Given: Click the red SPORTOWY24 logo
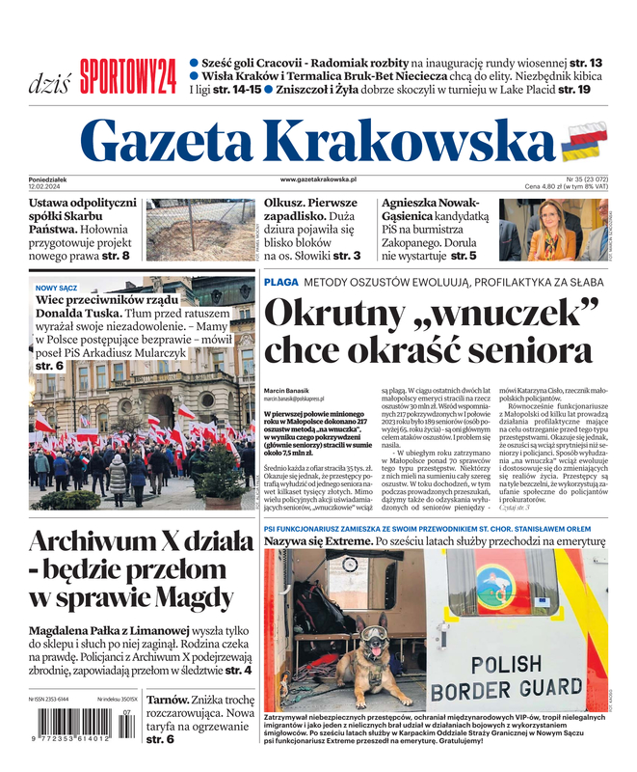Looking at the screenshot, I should click(128, 75).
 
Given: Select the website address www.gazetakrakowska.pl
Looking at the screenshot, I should click(319, 179).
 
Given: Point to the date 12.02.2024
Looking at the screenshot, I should click(48, 186).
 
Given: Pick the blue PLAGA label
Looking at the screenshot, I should click(280, 282).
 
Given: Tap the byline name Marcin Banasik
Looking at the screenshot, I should click(287, 390).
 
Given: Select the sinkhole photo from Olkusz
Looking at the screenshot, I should click(200, 229).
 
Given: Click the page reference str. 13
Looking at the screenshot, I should click(583, 63).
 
